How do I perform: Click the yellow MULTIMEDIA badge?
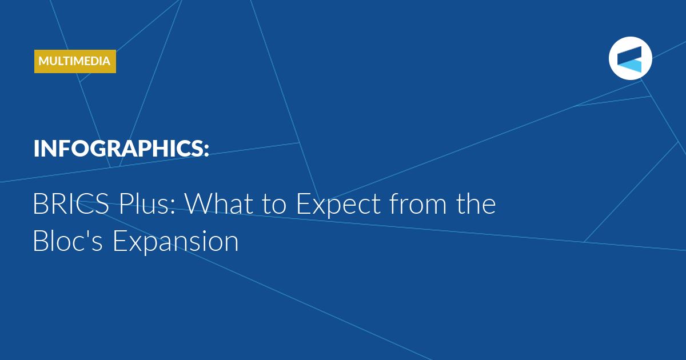(x=75, y=61)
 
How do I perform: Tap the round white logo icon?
(x=630, y=58)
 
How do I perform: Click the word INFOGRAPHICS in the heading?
(x=118, y=149)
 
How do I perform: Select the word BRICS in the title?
(x=71, y=203)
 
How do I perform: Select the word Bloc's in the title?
(x=67, y=241)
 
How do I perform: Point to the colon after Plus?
(x=173, y=207)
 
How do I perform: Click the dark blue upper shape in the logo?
(x=629, y=55)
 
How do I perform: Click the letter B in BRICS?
(x=40, y=203)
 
